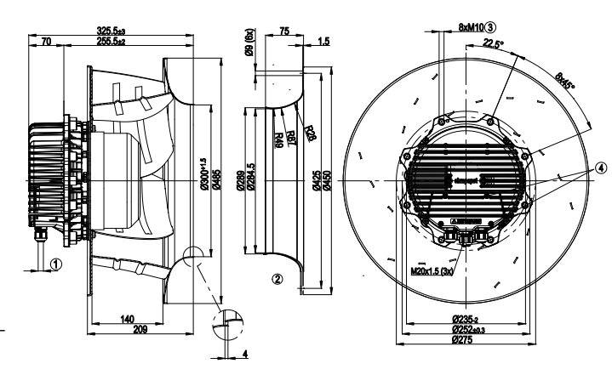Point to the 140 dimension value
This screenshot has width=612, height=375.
(126, 318)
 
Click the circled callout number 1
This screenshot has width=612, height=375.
(56, 264)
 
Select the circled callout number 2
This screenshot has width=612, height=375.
(275, 277)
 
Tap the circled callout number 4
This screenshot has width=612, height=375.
(603, 168)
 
